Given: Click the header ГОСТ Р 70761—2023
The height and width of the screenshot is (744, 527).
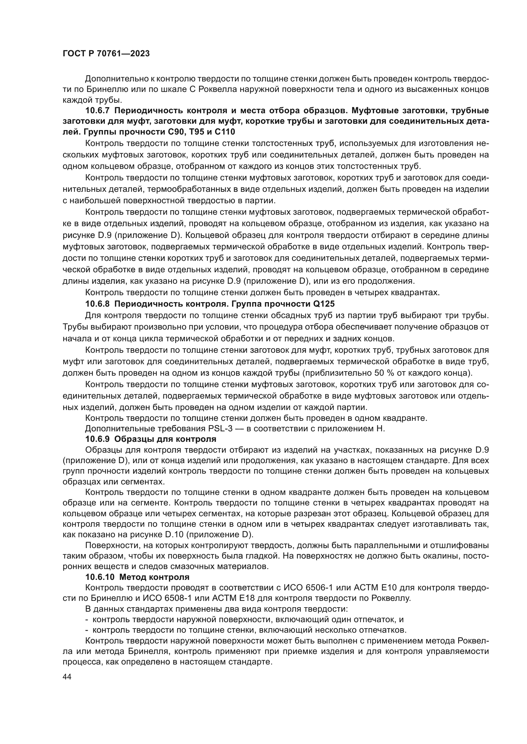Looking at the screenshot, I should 106,54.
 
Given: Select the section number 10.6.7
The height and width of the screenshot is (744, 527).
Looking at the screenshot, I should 98,111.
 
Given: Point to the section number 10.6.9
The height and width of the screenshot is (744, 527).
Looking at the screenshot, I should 98,439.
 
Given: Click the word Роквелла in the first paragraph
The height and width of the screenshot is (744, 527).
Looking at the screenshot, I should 217,89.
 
